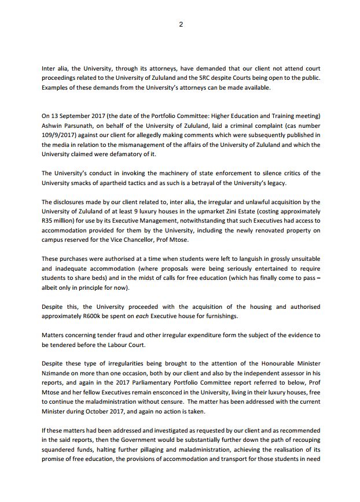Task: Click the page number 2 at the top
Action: pyautogui.click(x=180, y=24)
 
